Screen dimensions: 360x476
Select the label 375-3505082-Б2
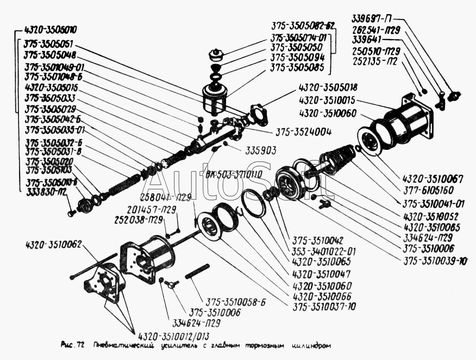(x=303, y=27)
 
